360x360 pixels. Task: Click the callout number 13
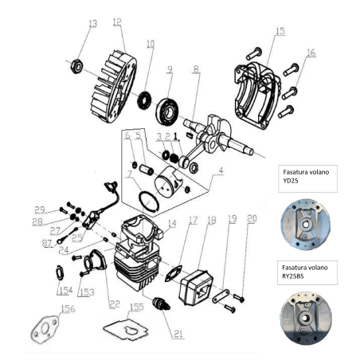click(x=92, y=23)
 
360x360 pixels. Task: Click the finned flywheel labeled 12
click(x=112, y=76)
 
